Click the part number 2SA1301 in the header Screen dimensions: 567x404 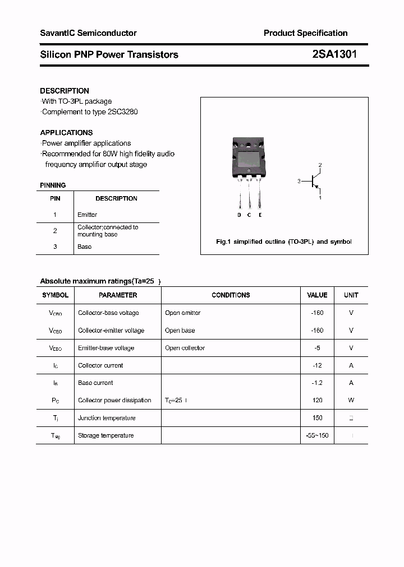(x=334, y=54)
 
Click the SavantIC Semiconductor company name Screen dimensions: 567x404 (x=88, y=33)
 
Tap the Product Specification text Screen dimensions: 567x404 (x=305, y=33)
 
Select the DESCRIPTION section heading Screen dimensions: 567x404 (x=65, y=91)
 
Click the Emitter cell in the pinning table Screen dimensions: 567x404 (x=87, y=215)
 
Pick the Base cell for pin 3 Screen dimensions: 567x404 (x=84, y=247)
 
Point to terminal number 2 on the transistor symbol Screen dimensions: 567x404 (x=320, y=165)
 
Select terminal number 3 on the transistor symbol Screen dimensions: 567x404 (x=300, y=181)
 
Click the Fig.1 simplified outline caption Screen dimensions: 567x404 (x=284, y=242)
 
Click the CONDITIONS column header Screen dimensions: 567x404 (x=231, y=295)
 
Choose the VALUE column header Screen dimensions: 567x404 (x=317, y=295)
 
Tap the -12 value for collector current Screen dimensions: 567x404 (x=317, y=365)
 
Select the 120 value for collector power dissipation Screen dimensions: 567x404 (x=317, y=400)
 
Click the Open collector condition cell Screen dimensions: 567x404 (x=185, y=348)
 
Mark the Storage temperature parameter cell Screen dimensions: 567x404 (x=105, y=435)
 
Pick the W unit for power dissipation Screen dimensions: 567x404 (x=351, y=400)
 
